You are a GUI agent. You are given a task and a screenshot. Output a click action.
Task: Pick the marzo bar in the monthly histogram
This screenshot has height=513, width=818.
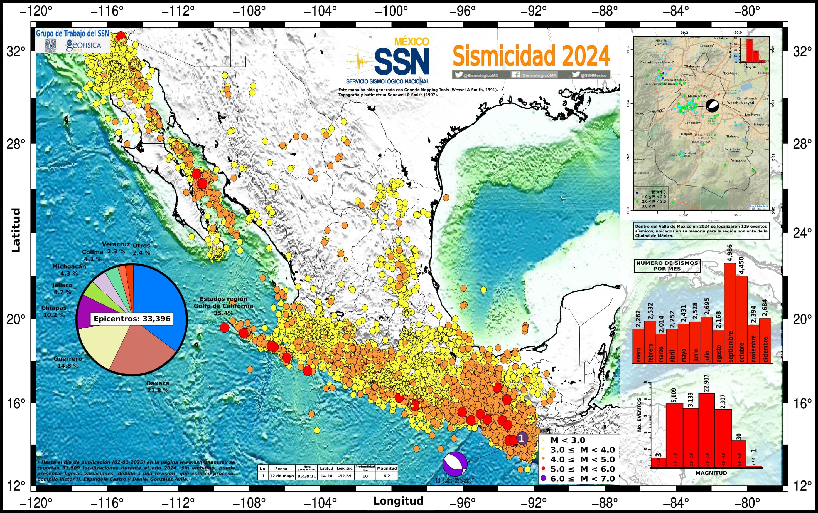click(661, 350)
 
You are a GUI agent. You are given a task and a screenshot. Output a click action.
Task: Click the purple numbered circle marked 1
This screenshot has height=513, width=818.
click(522, 438)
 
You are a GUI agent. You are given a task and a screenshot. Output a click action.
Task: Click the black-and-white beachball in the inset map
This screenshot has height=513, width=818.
click(712, 106)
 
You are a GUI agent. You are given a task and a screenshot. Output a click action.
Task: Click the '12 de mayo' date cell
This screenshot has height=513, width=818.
click(281, 476)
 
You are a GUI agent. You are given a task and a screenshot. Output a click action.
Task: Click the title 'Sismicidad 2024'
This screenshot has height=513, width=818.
click(531, 56)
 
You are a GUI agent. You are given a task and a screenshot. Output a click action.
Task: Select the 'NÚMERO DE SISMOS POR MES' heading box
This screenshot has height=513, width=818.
click(667, 266)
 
